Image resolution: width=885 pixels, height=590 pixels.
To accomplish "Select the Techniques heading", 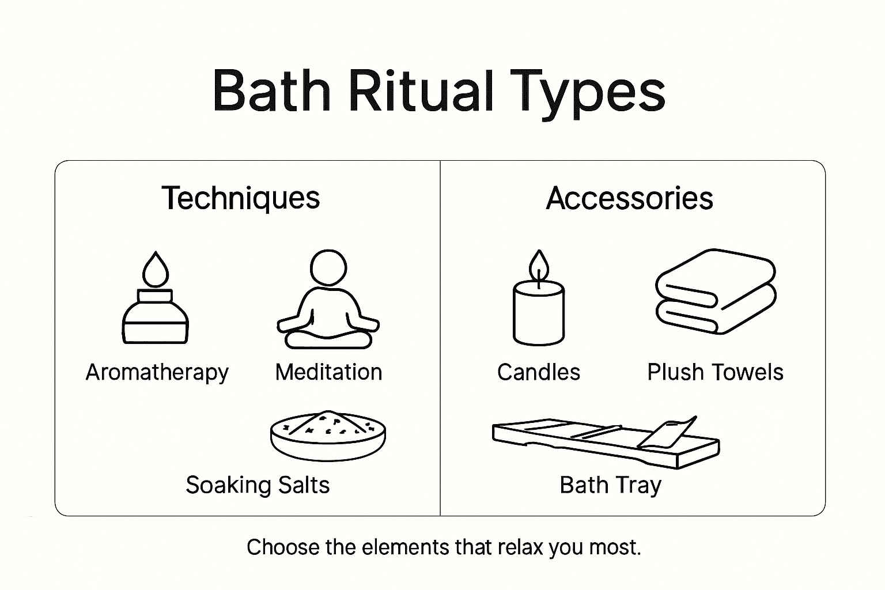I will pyautogui.click(x=240, y=198).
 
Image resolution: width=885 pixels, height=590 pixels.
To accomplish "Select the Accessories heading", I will pyautogui.click(x=629, y=198).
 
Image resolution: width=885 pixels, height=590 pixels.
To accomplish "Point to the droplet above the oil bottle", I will pyautogui.click(x=156, y=269).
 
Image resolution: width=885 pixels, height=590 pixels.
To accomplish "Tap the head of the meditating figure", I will pyautogui.click(x=328, y=267).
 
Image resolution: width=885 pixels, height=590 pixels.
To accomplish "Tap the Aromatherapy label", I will pyautogui.click(x=157, y=373).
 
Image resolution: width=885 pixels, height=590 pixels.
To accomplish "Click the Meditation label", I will pyautogui.click(x=328, y=372).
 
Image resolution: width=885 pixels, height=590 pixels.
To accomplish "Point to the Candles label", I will pyautogui.click(x=539, y=372).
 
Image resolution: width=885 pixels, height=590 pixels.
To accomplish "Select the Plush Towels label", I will pyautogui.click(x=715, y=372).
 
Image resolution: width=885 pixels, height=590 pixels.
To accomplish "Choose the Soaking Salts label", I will pyautogui.click(x=258, y=485).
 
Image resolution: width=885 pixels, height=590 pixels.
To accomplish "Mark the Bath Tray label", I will pyautogui.click(x=610, y=485).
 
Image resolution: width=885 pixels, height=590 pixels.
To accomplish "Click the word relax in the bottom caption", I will pyautogui.click(x=521, y=547).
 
